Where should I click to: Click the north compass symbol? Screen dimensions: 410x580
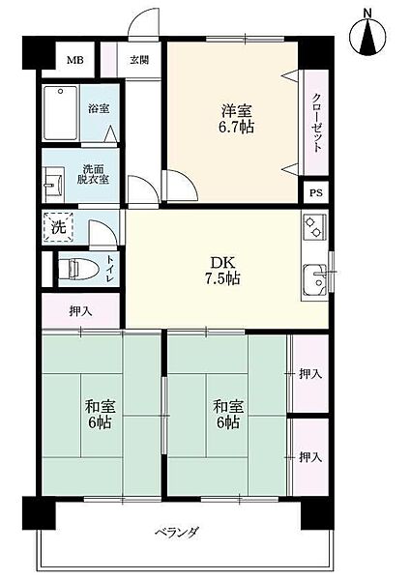[367, 36]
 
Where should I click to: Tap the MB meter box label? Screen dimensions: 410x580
[74, 60]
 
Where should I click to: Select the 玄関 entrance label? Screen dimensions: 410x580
[139, 60]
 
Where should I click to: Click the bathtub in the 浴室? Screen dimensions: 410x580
[60, 113]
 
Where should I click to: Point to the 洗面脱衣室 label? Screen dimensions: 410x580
[93, 174]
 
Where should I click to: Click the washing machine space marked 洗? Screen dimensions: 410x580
[58, 227]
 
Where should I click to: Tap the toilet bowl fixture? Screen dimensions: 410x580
[79, 268]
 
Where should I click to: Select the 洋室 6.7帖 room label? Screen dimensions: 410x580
[237, 119]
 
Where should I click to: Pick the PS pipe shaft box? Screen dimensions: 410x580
[316, 192]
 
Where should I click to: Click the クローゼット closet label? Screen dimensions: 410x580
[317, 123]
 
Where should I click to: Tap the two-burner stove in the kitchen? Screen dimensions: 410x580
[314, 226]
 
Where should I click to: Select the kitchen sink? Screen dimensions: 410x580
[315, 279]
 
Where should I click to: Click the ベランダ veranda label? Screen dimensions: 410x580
[177, 533]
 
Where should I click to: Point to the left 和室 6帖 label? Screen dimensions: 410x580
[101, 414]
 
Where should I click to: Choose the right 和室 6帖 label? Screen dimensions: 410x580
[228, 414]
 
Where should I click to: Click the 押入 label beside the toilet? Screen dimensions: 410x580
[80, 311]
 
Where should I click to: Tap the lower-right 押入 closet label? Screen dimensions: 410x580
[310, 457]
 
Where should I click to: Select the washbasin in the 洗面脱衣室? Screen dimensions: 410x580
[52, 184]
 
